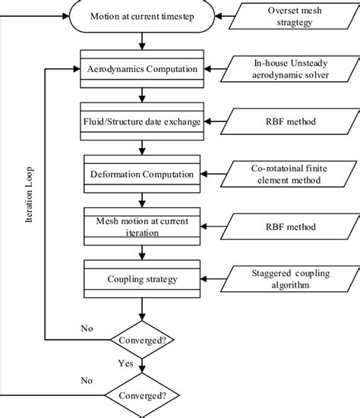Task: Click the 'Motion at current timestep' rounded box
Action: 141,15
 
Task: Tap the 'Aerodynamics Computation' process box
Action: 142,69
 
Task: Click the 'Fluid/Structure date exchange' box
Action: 142,121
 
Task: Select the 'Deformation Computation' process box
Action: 142,174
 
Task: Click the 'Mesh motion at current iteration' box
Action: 142,227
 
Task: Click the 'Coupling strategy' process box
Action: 142,279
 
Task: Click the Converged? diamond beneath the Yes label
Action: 142,394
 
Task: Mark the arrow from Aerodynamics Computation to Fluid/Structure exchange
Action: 142,95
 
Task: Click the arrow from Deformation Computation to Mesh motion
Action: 142,200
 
